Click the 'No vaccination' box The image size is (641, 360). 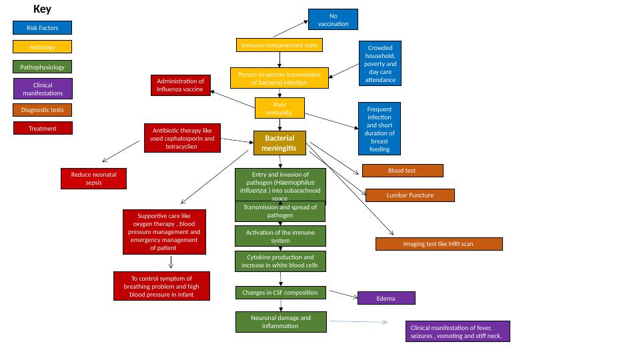point(333,19)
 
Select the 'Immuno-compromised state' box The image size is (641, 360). point(279,45)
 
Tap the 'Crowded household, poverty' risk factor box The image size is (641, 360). point(380,63)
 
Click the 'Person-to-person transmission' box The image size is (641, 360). point(279,78)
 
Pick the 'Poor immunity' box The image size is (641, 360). point(279,108)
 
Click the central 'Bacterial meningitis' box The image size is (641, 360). point(279,143)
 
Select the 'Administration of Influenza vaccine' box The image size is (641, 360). point(180,85)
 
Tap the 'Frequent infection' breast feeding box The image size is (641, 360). point(380,129)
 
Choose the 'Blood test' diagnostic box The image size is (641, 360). point(402,171)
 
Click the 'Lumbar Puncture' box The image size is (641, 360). point(410,195)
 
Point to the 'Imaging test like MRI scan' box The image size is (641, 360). point(438,244)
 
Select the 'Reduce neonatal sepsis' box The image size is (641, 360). point(93,178)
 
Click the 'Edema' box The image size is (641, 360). point(386,298)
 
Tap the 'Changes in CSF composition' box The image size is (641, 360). point(280,293)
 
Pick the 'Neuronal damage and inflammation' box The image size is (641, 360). point(280,321)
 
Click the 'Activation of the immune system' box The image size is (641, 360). point(279,236)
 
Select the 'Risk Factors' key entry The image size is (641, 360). point(42,28)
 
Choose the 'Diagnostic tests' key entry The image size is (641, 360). point(42,110)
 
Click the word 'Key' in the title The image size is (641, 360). point(42,9)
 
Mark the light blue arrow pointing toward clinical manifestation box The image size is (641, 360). point(358,322)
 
